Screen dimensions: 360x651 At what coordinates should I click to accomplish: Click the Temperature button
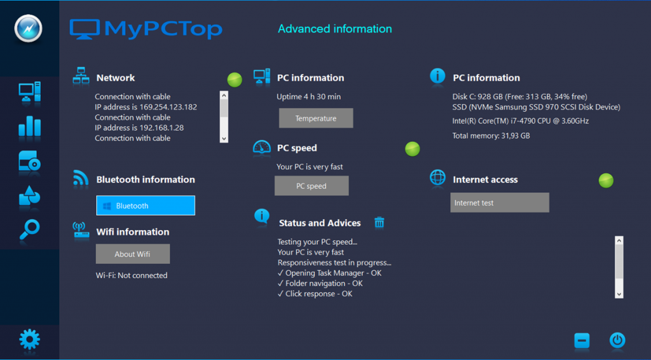pyautogui.click(x=315, y=118)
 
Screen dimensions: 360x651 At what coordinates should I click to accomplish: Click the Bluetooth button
pyautogui.click(x=145, y=205)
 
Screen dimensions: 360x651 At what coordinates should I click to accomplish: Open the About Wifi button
pyautogui.click(x=132, y=254)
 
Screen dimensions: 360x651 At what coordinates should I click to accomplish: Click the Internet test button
pyautogui.click(x=499, y=203)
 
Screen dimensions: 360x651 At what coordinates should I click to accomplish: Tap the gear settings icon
pyautogui.click(x=29, y=340)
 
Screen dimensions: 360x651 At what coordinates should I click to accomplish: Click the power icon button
pyautogui.click(x=617, y=340)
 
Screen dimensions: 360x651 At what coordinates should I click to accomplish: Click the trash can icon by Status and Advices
pyautogui.click(x=380, y=222)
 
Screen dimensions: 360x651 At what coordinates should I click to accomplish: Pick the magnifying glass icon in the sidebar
pyautogui.click(x=29, y=230)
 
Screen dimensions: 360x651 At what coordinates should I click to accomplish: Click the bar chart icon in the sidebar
pyautogui.click(x=29, y=127)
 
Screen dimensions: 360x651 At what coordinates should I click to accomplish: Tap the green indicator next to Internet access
pyautogui.click(x=606, y=181)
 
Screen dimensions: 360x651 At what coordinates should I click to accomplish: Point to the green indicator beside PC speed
pyautogui.click(x=413, y=149)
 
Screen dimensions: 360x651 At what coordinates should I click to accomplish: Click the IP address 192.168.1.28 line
pyautogui.click(x=139, y=128)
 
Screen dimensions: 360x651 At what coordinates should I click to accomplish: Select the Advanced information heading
pyautogui.click(x=335, y=29)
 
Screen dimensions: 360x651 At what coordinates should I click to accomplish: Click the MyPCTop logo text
pyautogui.click(x=162, y=29)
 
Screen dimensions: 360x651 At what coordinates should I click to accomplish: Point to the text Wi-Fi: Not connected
pyautogui.click(x=132, y=275)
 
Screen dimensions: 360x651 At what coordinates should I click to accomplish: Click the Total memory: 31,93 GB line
pyautogui.click(x=491, y=135)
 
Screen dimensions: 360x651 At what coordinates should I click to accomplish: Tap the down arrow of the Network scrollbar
pyautogui.click(x=224, y=138)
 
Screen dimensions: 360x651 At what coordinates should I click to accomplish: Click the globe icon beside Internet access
pyautogui.click(x=438, y=178)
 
